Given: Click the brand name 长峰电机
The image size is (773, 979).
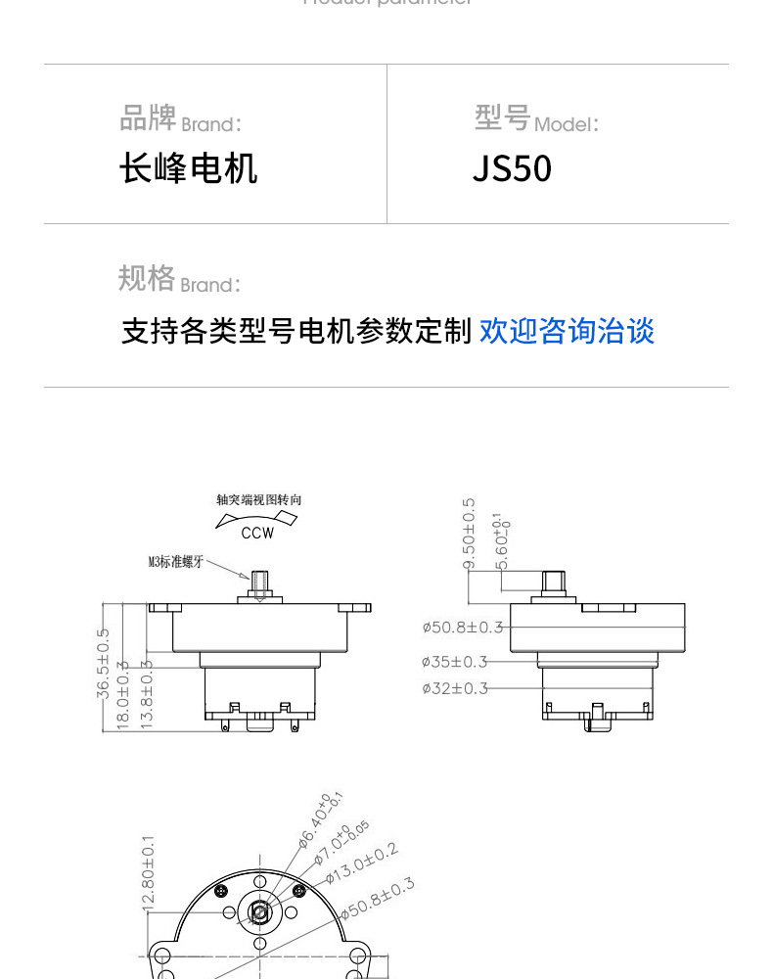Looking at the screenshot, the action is (188, 168).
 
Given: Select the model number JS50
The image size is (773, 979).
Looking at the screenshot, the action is (512, 168).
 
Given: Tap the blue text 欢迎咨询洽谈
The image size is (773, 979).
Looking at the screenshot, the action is (567, 331).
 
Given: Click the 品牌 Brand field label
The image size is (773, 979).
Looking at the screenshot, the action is (180, 119).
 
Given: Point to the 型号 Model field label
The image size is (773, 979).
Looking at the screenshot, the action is (536, 119).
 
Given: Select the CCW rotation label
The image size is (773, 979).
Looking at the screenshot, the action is (258, 534).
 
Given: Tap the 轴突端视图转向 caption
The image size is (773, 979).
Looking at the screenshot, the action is (259, 499).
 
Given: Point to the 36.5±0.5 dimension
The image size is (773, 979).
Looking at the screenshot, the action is (104, 663).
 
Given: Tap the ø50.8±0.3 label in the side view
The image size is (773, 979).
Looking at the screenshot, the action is (462, 627).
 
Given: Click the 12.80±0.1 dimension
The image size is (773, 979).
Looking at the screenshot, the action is (149, 873).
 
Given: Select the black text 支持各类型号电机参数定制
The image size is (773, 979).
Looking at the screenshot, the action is (296, 331).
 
